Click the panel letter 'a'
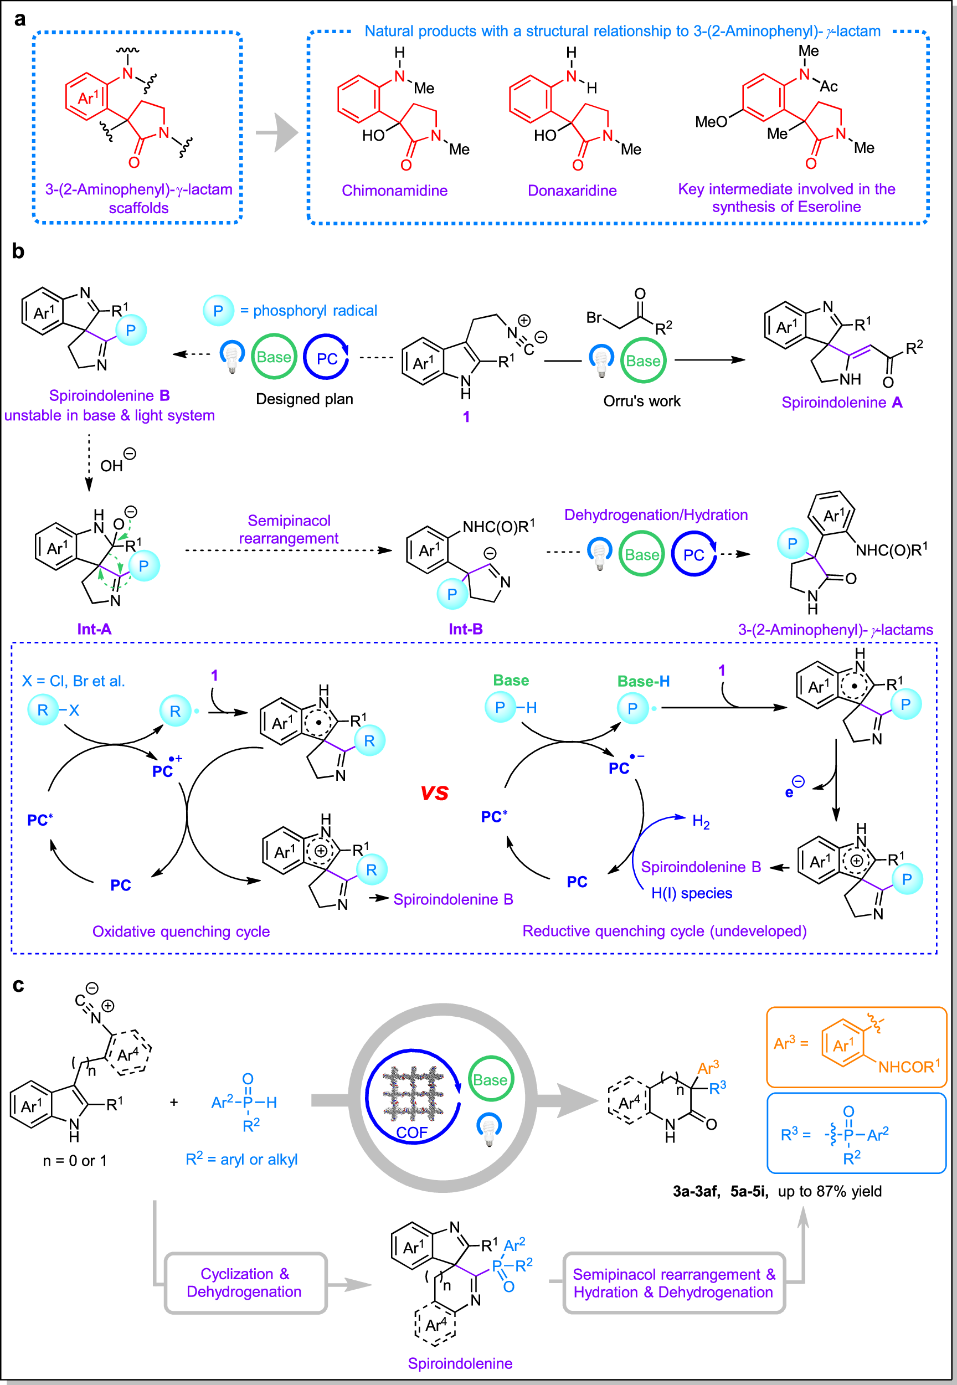click(20, 20)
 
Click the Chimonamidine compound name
click(394, 190)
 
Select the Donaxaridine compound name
click(572, 190)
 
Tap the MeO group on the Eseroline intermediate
click(711, 122)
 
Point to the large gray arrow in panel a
click(277, 132)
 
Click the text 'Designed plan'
click(305, 399)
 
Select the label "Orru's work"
click(641, 401)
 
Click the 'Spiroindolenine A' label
click(842, 402)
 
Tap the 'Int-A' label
click(94, 629)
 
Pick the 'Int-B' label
click(466, 629)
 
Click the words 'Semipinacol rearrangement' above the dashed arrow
click(289, 529)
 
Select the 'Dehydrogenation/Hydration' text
click(656, 515)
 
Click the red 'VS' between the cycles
click(435, 793)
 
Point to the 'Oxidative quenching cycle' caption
click(181, 931)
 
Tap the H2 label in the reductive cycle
click(701, 821)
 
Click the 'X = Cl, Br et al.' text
click(74, 681)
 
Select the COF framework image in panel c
click(414, 1094)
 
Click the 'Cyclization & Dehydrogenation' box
click(245, 1283)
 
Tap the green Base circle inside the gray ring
click(491, 1080)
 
